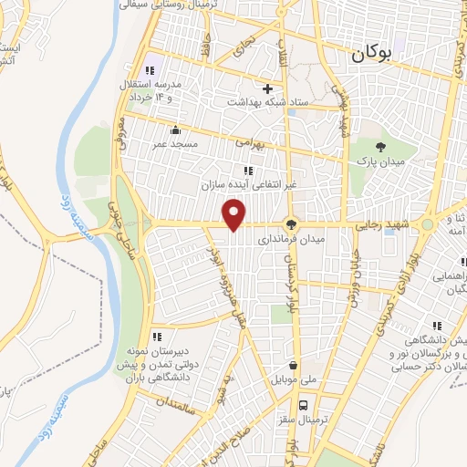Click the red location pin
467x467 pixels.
pyautogui.click(x=235, y=213)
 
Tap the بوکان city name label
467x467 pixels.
pyautogui.click(x=374, y=55)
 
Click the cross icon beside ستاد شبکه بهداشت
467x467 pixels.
pyautogui.click(x=267, y=88)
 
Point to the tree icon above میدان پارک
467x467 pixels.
pyautogui.click(x=380, y=145)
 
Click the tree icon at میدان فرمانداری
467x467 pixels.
pyautogui.click(x=292, y=224)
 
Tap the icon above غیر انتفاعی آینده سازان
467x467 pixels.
pyautogui.click(x=247, y=170)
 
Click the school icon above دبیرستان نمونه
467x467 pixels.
pyautogui.click(x=157, y=337)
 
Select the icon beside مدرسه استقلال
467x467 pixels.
pyautogui.click(x=149, y=71)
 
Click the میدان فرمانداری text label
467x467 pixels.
pyautogui.click(x=318, y=240)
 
